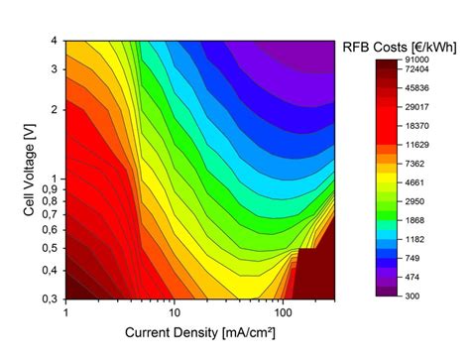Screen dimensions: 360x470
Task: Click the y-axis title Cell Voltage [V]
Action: tap(15, 170)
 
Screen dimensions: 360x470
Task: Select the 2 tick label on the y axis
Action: tap(56, 109)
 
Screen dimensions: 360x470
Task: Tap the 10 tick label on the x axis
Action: tap(174, 313)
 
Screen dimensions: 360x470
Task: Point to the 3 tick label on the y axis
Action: tap(56, 68)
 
